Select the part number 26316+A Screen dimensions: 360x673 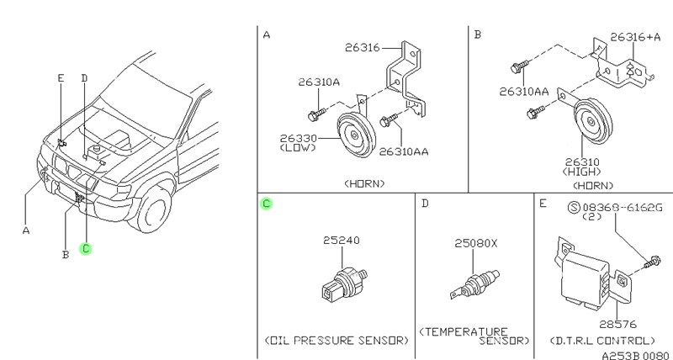pyautogui.click(x=636, y=37)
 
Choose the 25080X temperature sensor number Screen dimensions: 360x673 pyautogui.click(x=477, y=243)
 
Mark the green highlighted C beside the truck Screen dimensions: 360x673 pyautogui.click(x=85, y=248)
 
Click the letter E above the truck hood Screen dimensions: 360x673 pyautogui.click(x=61, y=78)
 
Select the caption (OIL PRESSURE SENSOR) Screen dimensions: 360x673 pyautogui.click(x=336, y=340)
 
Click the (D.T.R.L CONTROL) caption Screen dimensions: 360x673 pyautogui.click(x=603, y=340)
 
